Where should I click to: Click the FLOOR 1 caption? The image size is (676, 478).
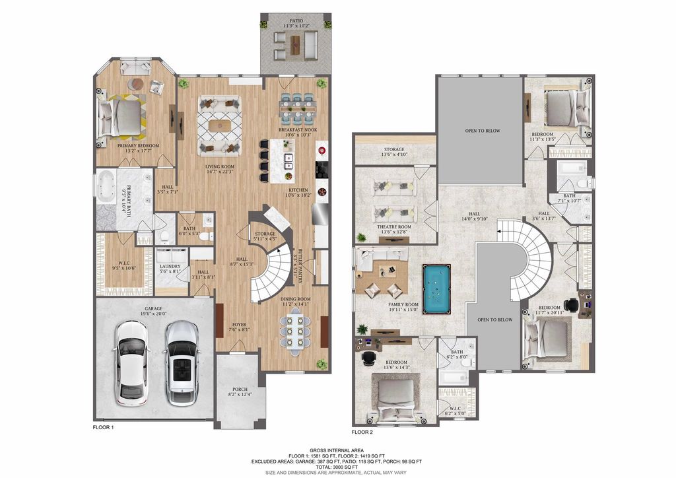click(x=104, y=428)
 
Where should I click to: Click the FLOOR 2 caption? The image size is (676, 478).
click(x=362, y=432)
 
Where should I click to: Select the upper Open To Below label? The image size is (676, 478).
click(x=483, y=131)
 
